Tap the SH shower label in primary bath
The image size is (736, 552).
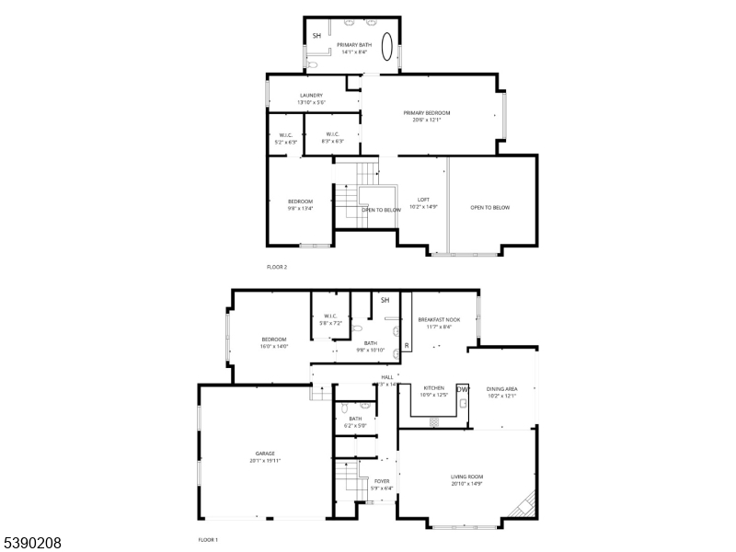tap(317, 36)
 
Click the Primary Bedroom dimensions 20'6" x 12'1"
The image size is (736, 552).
tap(426, 120)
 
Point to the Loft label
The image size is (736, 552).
tap(423, 200)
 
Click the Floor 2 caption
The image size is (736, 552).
tap(277, 267)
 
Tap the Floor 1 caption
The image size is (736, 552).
tap(209, 540)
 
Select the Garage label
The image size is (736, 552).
tap(265, 453)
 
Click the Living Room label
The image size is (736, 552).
tap(466, 477)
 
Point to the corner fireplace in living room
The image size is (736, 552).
tap(525, 504)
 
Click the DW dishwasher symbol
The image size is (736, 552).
tap(463, 390)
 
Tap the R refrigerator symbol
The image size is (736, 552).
tap(407, 346)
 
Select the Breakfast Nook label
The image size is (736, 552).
tap(439, 319)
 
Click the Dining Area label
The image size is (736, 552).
tap(501, 389)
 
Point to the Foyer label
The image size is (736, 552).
tap(381, 481)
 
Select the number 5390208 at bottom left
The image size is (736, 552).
tap(31, 543)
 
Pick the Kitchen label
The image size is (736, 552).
tap(434, 388)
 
